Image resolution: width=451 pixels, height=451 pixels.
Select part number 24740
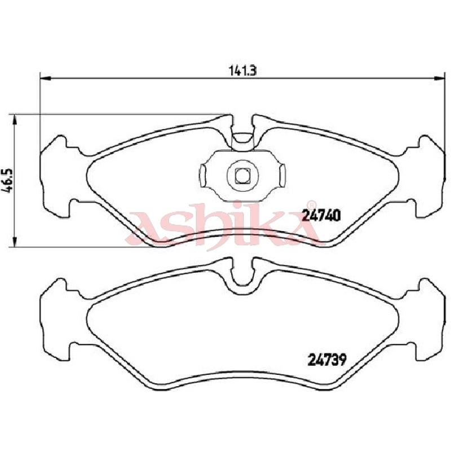(321, 215)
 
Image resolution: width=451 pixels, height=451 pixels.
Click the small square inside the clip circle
(242, 175)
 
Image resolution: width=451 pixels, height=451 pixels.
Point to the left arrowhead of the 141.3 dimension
(46, 78)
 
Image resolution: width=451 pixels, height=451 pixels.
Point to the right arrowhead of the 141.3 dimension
(439, 78)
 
